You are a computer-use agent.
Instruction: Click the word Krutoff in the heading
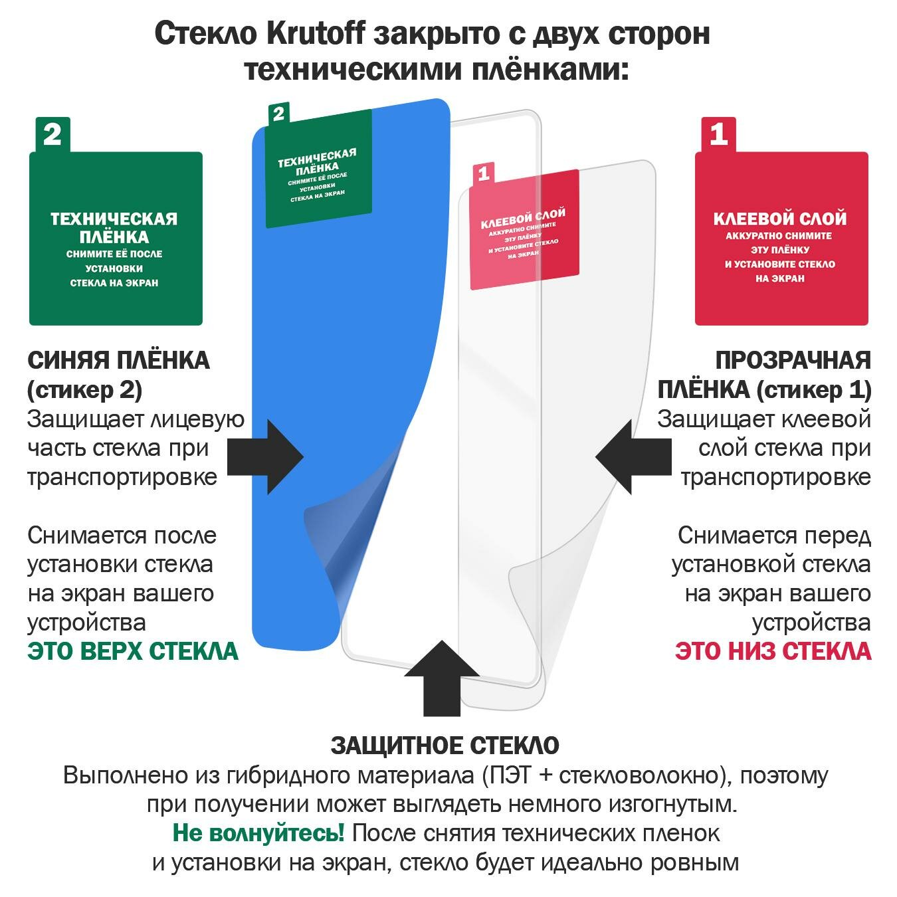coord(316,33)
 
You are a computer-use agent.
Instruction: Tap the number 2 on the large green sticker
coord(52,135)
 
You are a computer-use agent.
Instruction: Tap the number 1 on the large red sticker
coord(718,135)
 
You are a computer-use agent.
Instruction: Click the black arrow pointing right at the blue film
coord(266,456)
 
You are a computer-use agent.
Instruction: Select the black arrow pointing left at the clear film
coord(633,456)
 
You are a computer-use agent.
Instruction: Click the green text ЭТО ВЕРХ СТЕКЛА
coord(133,651)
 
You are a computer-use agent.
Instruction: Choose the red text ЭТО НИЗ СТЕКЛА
coord(773,651)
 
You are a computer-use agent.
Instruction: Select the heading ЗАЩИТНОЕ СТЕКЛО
coord(445,746)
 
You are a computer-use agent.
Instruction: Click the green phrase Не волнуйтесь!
coord(258,833)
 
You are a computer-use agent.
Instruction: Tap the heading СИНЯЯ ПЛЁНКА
coord(118,361)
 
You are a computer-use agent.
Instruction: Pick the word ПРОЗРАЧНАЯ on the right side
coord(793,361)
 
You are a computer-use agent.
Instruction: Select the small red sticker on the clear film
coord(524,229)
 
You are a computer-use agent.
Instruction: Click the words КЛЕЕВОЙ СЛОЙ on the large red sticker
coord(780,219)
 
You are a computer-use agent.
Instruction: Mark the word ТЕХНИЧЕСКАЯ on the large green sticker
coord(114,219)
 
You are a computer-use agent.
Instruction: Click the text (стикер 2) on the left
coord(84,390)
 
